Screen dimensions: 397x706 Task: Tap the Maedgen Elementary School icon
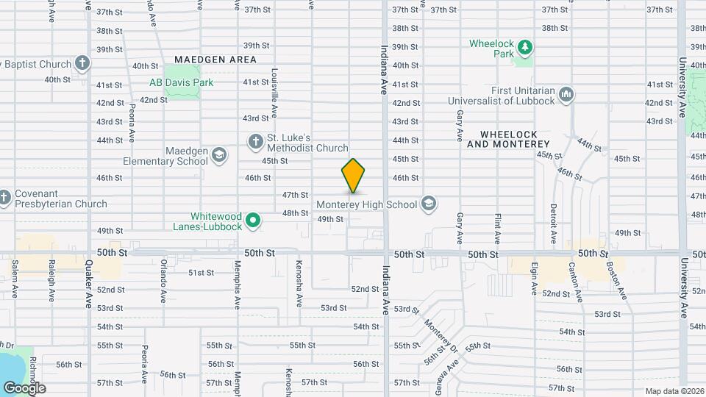[218, 155]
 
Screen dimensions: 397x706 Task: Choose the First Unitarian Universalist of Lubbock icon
[566, 94]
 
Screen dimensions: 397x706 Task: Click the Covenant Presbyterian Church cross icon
[4, 197]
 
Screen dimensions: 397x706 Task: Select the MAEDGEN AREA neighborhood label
[215, 60]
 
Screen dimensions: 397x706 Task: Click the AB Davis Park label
[181, 82]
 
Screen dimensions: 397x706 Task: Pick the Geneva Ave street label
[449, 374]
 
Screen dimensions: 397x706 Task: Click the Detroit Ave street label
[553, 225]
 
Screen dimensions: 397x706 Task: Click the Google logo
[24, 387]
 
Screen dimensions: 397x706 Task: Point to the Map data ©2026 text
[674, 391]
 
